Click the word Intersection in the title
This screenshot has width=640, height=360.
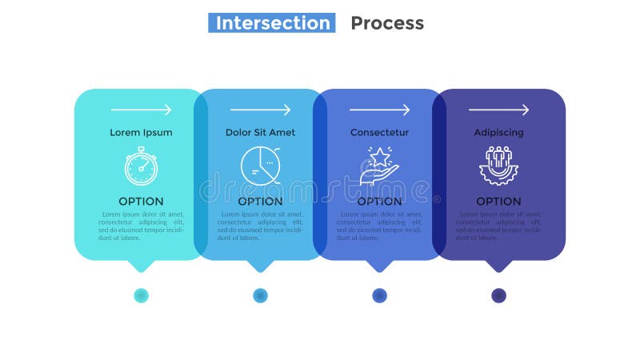[273, 23]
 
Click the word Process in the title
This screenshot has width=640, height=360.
[387, 23]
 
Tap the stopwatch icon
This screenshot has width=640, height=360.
[141, 166]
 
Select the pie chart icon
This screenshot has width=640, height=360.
[260, 166]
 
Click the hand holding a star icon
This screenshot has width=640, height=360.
[379, 166]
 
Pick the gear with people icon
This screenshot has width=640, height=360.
[498, 166]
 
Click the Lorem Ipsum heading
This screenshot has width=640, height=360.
[141, 133]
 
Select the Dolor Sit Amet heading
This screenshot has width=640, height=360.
[260, 133]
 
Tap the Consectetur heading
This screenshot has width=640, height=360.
[379, 133]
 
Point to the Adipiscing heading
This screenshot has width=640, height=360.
[498, 133]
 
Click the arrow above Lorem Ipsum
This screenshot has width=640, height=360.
[141, 110]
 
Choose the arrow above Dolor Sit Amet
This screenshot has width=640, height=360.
[260, 110]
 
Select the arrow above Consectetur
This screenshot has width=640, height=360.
[379, 110]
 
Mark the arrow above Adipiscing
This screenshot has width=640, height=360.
[498, 110]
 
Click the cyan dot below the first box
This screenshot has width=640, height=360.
[141, 295]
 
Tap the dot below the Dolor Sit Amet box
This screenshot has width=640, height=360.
[260, 295]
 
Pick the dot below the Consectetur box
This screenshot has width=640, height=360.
[379, 295]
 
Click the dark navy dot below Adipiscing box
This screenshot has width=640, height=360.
[498, 295]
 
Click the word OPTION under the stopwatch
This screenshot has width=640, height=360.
[141, 202]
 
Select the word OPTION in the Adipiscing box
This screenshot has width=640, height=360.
[498, 202]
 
